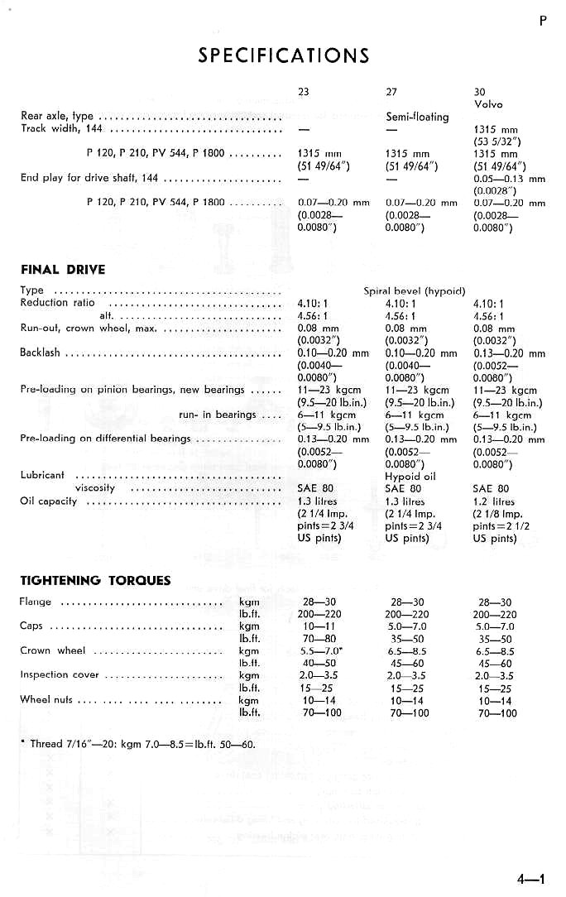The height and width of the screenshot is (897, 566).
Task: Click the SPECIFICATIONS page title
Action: (283, 55)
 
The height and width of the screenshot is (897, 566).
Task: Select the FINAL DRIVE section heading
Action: (63, 269)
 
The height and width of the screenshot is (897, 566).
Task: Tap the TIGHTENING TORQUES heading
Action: (95, 580)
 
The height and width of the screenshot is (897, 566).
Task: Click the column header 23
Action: (303, 92)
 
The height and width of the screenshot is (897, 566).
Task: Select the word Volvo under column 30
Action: (488, 104)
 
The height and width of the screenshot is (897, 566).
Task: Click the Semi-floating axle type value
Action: (417, 117)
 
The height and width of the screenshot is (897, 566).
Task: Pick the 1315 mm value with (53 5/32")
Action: (496, 129)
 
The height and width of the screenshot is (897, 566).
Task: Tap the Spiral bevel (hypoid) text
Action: (415, 291)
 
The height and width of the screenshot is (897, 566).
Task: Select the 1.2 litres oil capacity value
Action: (493, 501)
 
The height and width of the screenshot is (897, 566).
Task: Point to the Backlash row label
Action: (40, 353)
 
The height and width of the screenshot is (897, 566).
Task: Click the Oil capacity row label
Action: (49, 501)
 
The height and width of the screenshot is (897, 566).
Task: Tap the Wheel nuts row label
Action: (47, 699)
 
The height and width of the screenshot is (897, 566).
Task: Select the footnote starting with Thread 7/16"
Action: (137, 743)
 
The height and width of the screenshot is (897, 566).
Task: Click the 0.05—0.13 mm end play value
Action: (509, 178)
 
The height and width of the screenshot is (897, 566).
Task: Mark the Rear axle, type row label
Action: (56, 117)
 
